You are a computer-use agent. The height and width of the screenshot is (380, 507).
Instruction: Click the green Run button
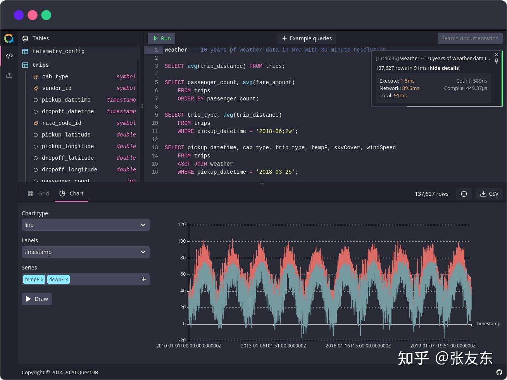click(x=162, y=38)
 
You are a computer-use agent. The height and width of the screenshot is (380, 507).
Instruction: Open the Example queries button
click(x=307, y=38)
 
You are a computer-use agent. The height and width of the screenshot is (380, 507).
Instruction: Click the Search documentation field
click(x=470, y=38)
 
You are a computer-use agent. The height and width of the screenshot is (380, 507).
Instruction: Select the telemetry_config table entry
click(x=59, y=51)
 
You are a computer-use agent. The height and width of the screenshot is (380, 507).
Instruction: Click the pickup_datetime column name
click(x=66, y=100)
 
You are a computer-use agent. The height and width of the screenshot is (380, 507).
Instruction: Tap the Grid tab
click(x=38, y=193)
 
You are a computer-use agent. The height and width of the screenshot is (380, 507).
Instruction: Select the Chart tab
click(x=71, y=193)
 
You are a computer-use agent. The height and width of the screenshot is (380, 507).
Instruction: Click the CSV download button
click(x=489, y=194)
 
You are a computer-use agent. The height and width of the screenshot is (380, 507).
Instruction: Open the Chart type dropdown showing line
click(x=85, y=225)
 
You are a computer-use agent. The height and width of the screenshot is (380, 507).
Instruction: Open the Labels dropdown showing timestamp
click(x=85, y=252)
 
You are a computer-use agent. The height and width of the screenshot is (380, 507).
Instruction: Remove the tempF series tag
click(x=42, y=280)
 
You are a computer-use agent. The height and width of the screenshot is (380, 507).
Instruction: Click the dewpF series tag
click(x=56, y=279)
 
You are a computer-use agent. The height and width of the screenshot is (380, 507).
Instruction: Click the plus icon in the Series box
click(x=144, y=279)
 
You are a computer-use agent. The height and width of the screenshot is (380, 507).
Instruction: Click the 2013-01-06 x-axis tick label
click(x=273, y=345)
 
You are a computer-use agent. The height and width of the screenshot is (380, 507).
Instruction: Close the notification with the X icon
click(x=497, y=55)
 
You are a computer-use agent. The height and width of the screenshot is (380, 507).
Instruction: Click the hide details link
click(x=444, y=68)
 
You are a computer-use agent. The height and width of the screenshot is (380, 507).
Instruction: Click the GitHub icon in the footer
click(x=499, y=372)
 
